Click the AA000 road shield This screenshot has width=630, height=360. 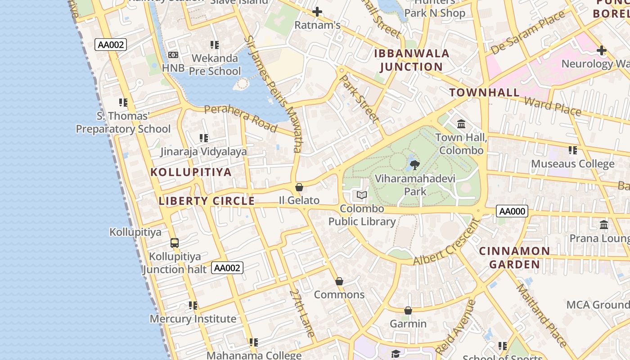[512, 211]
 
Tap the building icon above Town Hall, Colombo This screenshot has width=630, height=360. [461, 124]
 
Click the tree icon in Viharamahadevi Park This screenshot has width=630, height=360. [415, 165]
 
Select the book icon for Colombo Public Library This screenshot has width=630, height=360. [362, 195]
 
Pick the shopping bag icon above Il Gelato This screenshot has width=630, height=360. [299, 187]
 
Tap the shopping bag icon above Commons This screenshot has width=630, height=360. [339, 281]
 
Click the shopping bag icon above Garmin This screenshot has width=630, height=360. [408, 310]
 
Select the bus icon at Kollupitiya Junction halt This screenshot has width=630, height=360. [175, 243]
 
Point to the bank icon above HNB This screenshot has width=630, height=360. [173, 55]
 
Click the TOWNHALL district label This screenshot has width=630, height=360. [484, 93]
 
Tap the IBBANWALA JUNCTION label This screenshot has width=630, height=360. [412, 60]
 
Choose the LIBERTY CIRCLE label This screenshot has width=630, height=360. [207, 201]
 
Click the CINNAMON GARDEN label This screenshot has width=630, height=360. [514, 257]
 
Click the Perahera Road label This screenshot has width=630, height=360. [240, 118]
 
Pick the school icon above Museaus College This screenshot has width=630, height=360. [572, 150]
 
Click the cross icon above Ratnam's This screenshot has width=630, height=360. [317, 12]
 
